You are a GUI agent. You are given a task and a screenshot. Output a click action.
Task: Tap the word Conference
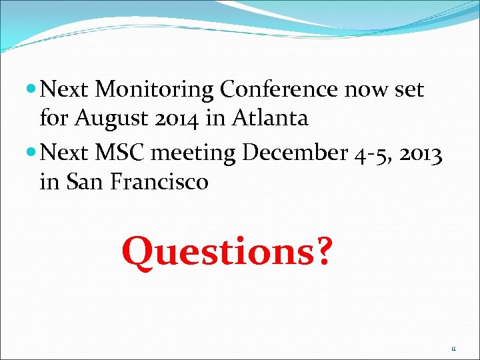pos(279,89)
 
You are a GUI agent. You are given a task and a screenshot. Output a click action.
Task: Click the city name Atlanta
pos(269,119)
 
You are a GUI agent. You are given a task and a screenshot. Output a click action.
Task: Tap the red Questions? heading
pos(226,252)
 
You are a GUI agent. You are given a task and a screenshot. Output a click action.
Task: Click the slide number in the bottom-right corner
pos(453,348)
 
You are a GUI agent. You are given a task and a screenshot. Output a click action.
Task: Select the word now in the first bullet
pos(366,89)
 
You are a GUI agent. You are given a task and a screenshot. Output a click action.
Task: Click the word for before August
pos(54,119)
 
